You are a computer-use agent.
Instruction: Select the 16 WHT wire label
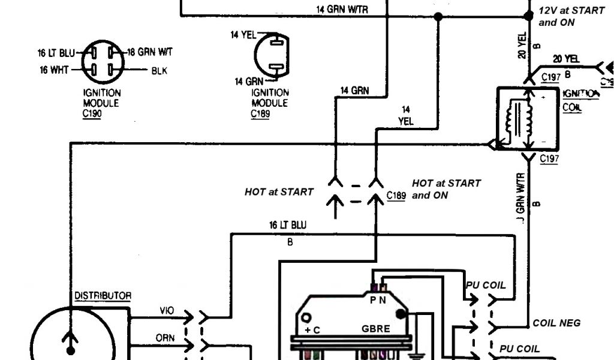54,70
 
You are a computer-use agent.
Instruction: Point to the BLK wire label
159,71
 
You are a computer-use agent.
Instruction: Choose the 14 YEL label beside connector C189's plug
243,35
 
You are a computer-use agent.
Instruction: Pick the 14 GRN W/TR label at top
341,10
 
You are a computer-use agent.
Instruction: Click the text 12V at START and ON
571,17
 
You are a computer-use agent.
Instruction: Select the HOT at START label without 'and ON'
279,192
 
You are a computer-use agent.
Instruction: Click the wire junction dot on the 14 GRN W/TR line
438,17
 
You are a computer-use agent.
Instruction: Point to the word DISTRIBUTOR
103,296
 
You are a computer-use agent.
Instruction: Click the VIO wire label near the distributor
167,311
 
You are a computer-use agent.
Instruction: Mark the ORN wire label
165,338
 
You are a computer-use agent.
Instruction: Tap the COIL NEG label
556,323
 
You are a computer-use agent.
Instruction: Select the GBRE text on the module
376,329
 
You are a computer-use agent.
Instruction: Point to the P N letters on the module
378,300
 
